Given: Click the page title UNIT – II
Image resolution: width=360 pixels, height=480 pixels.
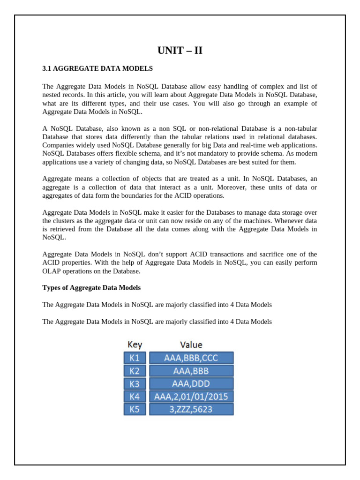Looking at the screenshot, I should (x=180, y=51).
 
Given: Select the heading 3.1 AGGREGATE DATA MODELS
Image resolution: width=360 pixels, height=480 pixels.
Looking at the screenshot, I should (x=97, y=68).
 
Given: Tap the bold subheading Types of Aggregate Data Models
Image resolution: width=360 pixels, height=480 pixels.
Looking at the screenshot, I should (x=91, y=287).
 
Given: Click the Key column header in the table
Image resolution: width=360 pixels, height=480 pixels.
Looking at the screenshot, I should (x=135, y=345).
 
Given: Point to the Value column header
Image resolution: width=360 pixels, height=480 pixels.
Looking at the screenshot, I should (x=191, y=345).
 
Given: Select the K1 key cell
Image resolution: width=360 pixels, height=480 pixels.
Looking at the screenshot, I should (x=135, y=358).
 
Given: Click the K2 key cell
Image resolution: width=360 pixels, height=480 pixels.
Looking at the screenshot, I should (x=135, y=371).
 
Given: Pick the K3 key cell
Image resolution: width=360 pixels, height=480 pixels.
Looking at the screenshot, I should (x=135, y=384).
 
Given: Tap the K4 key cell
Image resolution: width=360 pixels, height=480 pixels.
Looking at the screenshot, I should (x=135, y=397).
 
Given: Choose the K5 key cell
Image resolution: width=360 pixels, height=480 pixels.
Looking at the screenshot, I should (x=135, y=409).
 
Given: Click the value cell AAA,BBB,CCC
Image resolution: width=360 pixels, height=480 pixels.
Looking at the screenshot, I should (x=191, y=358).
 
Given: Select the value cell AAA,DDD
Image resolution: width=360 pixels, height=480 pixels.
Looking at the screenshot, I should (x=191, y=384).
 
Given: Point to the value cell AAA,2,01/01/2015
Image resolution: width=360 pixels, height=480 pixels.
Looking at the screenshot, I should (x=191, y=397).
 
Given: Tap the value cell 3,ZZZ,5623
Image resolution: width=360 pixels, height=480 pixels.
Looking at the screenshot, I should (x=191, y=409).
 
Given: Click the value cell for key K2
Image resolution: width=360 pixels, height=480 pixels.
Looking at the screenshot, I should (x=191, y=371).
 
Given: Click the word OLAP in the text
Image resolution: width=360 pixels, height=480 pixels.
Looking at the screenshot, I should (x=52, y=271).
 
